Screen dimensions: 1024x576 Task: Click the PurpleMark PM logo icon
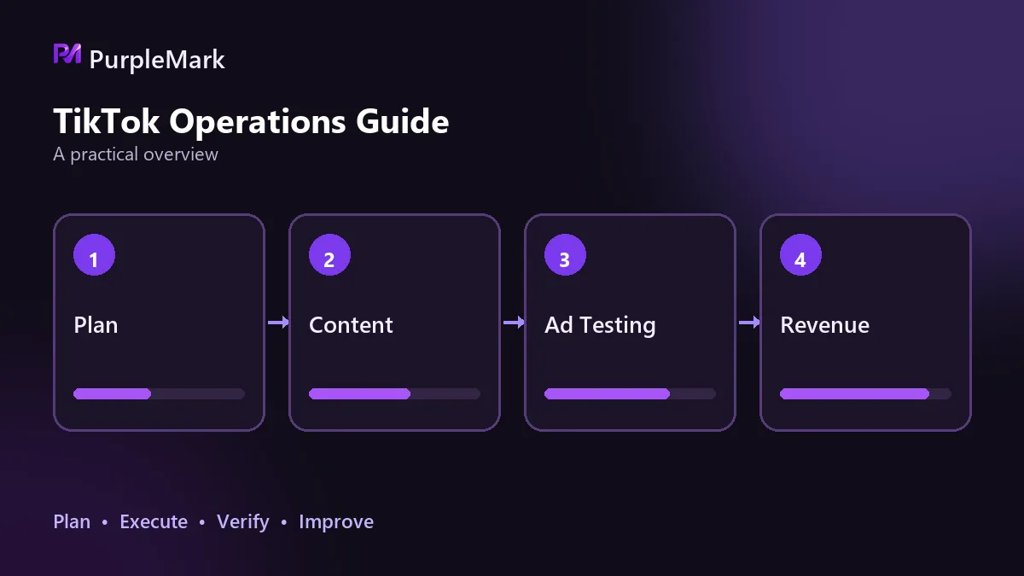[x=67, y=54]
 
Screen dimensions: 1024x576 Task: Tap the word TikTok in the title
[x=107, y=121]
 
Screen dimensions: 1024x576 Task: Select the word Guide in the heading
[x=402, y=121]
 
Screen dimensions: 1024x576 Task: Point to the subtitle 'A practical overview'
[x=136, y=154]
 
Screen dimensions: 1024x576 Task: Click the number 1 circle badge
[x=94, y=255]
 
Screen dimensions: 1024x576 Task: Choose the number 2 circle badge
[x=329, y=255]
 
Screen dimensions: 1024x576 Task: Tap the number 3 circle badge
[x=565, y=255]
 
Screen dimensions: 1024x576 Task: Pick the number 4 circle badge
[x=800, y=255]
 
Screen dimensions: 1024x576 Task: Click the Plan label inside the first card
[x=96, y=325]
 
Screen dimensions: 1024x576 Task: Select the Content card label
[x=351, y=325]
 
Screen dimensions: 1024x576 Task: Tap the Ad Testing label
[x=600, y=326]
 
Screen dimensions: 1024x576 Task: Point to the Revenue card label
[x=824, y=325]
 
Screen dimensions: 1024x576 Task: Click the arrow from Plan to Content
[x=278, y=323]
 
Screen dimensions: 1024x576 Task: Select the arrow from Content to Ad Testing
[x=514, y=323]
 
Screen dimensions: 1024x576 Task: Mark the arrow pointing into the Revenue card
[x=749, y=323]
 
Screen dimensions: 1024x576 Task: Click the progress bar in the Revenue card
[x=865, y=393]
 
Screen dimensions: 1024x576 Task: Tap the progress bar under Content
[x=394, y=393]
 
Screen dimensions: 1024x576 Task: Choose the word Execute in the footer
[x=154, y=521]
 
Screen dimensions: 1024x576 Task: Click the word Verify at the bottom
[x=242, y=522]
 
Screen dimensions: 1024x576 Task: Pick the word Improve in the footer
[x=336, y=522]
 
